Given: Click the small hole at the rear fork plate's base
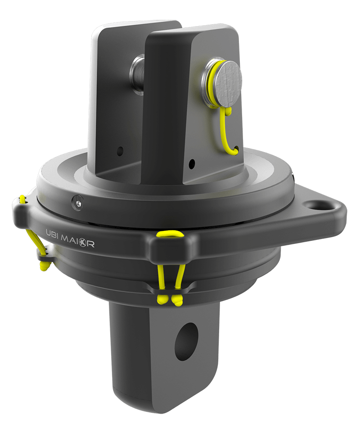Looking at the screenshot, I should click(x=120, y=150).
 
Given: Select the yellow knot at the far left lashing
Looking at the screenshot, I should click(x=44, y=266).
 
